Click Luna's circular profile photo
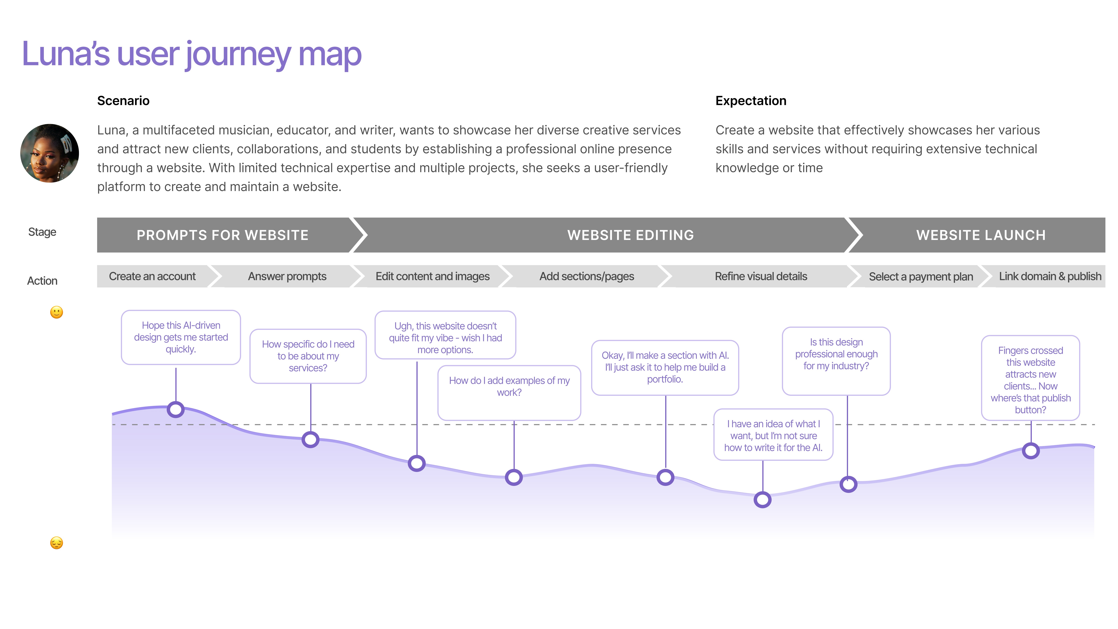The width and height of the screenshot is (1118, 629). pyautogui.click(x=49, y=153)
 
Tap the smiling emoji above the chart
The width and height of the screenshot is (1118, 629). pyautogui.click(x=56, y=312)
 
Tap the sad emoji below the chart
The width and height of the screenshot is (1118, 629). pyautogui.click(x=56, y=543)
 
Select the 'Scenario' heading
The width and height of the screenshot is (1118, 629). pyautogui.click(x=123, y=101)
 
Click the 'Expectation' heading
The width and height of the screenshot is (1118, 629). pyautogui.click(x=750, y=101)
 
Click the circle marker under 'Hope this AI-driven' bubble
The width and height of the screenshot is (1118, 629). pyautogui.click(x=176, y=409)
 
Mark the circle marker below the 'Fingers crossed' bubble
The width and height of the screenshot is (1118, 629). pyautogui.click(x=1030, y=451)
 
